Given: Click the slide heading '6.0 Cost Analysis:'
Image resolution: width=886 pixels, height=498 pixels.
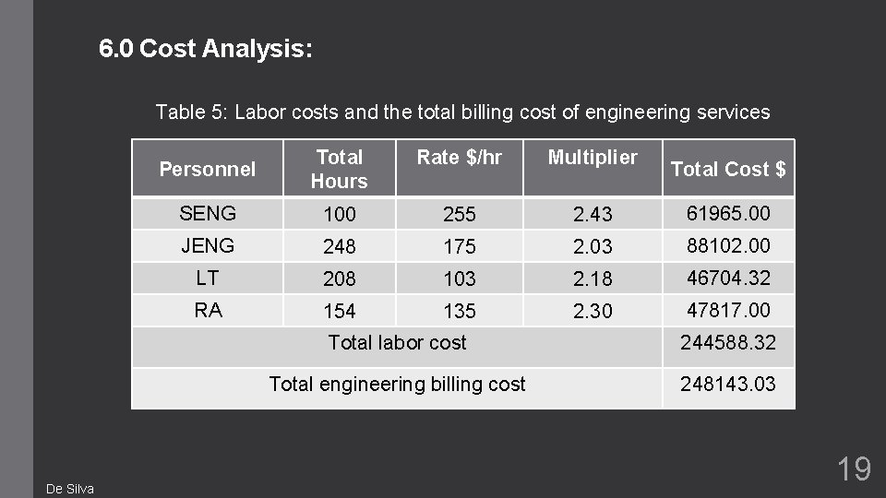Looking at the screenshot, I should coord(207,49).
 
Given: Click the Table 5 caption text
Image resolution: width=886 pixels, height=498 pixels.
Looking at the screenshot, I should coord(462,113).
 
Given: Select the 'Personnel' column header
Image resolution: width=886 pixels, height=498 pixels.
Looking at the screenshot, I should coord(208,169).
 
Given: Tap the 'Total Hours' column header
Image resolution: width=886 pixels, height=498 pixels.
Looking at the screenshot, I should coord(339,169).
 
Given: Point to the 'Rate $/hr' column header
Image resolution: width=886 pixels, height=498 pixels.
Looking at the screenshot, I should coord(459,158).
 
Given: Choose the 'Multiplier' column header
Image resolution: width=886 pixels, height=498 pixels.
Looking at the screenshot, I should coord(593,158).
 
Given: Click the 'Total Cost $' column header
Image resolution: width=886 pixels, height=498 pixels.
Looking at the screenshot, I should coord(728,169).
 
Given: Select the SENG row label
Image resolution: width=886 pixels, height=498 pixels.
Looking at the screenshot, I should coord(208,214).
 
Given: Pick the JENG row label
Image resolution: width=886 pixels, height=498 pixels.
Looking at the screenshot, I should coord(208,245).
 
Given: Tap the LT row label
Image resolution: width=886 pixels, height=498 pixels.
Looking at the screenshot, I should coord(208,277).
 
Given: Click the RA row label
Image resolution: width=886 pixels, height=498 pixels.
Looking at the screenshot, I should coord(208,310).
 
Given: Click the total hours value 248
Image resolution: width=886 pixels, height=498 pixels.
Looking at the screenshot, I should coord(339,247).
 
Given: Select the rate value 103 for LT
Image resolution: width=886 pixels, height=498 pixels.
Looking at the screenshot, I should coord(459,279).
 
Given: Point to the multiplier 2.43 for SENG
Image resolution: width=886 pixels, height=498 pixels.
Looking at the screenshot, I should coord(593,215).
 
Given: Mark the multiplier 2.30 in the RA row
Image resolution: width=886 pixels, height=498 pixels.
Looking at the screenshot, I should coord(593,312).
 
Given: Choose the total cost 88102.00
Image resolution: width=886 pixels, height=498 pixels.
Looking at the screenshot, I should coord(728,246).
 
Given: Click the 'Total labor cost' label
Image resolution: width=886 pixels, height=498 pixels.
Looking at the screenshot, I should coord(398,342).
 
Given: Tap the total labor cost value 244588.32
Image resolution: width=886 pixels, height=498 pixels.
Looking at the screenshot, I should coord(728,343).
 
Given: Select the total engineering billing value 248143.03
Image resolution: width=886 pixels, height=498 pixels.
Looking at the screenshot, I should coord(728,384).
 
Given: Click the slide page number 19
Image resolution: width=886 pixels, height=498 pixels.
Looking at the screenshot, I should coord(854,469).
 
